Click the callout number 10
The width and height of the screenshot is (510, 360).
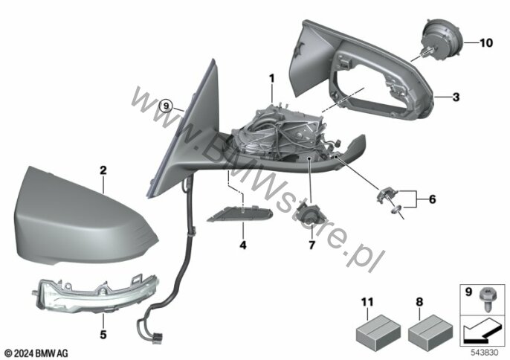[486, 42]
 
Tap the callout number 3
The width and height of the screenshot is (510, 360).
[456, 97]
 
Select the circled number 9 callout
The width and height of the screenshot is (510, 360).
[167, 106]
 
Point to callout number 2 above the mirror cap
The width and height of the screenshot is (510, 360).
[103, 170]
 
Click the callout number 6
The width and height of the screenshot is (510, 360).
[432, 199]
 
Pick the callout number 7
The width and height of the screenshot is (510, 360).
[312, 245]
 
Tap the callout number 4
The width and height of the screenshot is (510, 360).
[243, 245]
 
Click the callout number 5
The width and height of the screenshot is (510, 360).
[103, 334]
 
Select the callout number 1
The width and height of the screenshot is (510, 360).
[271, 78]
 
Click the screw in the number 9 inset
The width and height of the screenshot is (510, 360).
[487, 300]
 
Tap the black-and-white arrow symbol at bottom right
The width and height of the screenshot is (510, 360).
[481, 330]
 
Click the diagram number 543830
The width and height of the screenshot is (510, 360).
[484, 353]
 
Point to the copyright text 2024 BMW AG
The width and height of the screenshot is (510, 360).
[36, 353]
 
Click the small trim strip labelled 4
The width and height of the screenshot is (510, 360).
[240, 213]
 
